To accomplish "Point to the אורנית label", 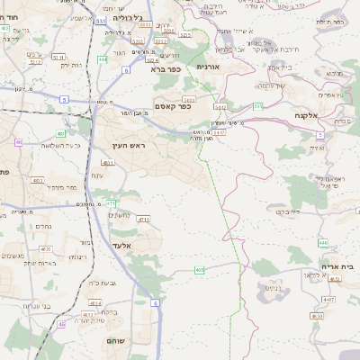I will pyautogui.click(x=208, y=67).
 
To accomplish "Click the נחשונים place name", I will pyautogui.click(x=120, y=214).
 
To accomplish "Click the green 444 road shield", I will pyautogui.click(x=103, y=59).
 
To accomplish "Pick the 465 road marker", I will pyautogui.click(x=199, y=269).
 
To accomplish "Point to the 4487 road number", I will pyautogui.click(x=328, y=298).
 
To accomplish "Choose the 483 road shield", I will pyautogui.click(x=18, y=142).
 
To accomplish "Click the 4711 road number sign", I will pyautogui.click(x=144, y=219).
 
